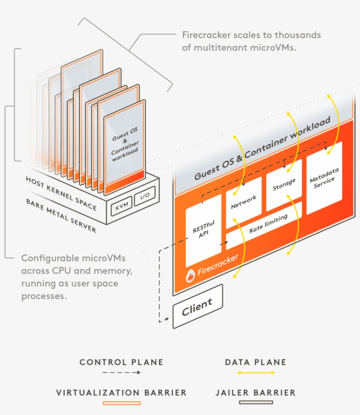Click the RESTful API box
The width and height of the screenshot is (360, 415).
tap(204, 230)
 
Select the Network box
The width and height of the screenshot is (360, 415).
tap(243, 202)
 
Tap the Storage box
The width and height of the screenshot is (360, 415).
tap(284, 185)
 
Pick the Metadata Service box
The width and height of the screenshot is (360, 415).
tap(324, 178)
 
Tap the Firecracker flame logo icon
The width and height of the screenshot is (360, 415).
tap(191, 275)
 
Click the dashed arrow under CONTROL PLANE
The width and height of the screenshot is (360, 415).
tap(121, 372)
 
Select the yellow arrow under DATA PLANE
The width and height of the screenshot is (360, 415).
tap(256, 372)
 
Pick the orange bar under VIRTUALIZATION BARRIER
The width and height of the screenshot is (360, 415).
tap(121, 402)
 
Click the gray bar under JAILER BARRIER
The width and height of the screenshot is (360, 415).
tap(256, 402)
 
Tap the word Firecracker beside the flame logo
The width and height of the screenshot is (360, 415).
tap(218, 265)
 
